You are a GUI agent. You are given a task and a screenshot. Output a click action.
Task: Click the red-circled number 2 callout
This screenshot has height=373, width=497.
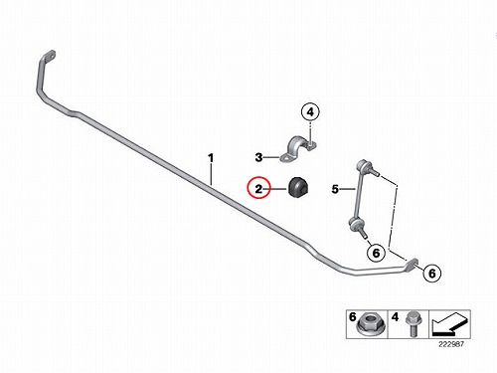[x=258, y=188]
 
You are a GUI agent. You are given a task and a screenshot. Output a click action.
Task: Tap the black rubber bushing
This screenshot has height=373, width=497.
[x=298, y=187]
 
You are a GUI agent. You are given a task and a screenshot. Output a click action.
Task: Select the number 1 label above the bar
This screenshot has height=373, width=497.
[x=211, y=158]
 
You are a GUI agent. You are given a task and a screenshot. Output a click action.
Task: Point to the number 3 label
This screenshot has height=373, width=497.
[x=258, y=157]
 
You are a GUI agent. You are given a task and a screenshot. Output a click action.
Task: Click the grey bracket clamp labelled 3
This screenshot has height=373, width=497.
[x=298, y=149]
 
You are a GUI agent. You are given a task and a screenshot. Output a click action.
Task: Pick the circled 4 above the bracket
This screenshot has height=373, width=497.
[x=310, y=112]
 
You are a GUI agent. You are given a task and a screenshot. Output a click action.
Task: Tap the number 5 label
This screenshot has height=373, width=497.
[x=335, y=189]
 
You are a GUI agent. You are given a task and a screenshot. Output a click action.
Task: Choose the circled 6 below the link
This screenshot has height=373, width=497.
[x=376, y=253]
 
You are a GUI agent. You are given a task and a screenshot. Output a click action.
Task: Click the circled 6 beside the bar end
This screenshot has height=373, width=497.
[x=432, y=274]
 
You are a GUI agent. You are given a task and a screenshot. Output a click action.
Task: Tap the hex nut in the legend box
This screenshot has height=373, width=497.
[x=371, y=324]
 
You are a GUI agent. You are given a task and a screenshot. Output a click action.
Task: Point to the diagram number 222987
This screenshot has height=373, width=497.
[x=451, y=344]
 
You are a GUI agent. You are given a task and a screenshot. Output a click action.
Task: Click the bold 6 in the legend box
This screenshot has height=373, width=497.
[x=352, y=317]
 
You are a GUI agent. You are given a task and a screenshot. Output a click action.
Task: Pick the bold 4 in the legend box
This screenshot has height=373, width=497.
[x=395, y=317]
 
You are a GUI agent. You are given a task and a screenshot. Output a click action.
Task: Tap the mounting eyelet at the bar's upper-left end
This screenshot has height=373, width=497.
[x=50, y=56]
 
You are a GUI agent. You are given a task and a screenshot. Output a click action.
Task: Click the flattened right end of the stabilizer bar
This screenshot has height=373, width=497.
[x=412, y=265]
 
